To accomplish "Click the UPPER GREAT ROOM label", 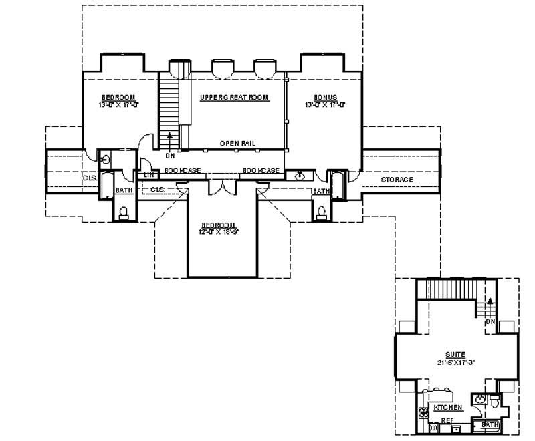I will point(234,98).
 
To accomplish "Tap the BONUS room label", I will point(325,98).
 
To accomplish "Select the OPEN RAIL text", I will point(238,144).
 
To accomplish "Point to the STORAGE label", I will point(397,180).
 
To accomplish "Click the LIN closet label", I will point(149,175).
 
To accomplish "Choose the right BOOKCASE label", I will point(261,171).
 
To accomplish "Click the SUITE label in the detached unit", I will point(456,354).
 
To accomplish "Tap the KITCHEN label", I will point(448,407).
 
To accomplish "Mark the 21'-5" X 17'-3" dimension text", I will point(456,363).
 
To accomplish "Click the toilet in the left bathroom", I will point(123,213).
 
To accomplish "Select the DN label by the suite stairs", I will point(490,321).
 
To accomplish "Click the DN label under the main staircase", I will point(170,155).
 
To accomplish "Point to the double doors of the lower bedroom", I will point(221,186).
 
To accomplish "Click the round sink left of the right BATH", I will point(301,176).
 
